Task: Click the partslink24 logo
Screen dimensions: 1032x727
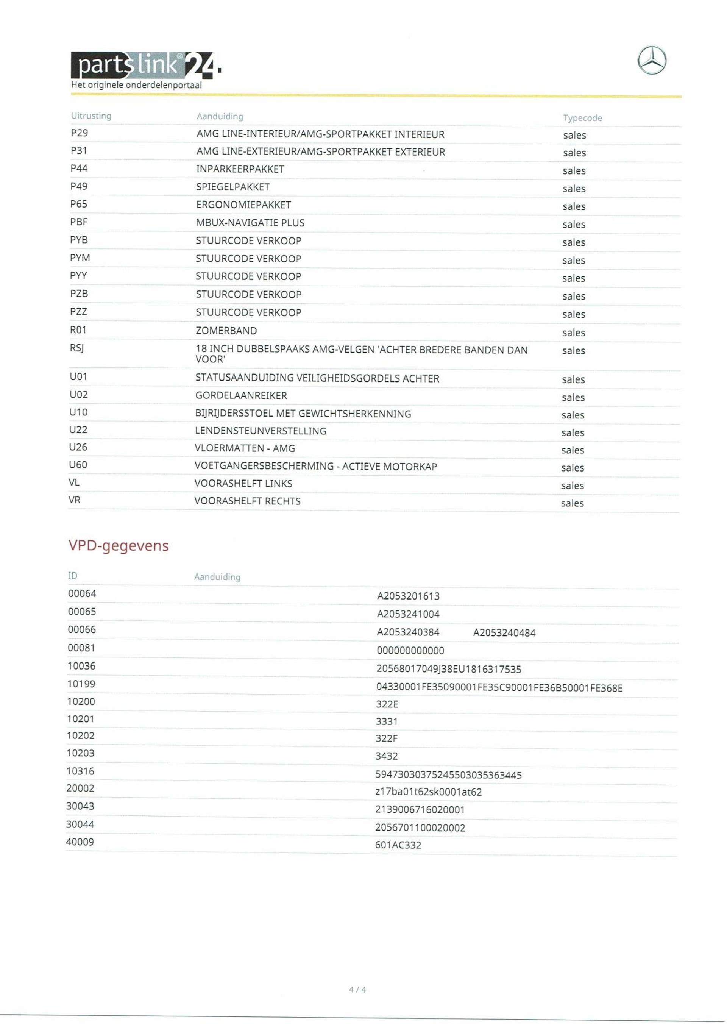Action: click(x=145, y=66)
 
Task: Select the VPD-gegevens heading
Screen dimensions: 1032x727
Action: click(x=118, y=545)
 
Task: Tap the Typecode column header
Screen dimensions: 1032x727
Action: click(x=582, y=118)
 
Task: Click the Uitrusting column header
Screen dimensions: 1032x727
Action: click(x=91, y=116)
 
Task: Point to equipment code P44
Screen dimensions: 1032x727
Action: click(x=79, y=169)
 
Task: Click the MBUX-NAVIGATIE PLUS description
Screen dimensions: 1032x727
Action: click(x=250, y=223)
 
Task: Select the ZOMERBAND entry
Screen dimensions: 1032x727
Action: click(x=226, y=331)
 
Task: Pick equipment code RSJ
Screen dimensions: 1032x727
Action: click(x=77, y=348)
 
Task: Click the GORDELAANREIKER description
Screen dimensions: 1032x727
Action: click(x=241, y=395)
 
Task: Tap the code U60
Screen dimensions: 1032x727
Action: click(x=78, y=465)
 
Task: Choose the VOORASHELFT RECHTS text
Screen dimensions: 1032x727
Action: click(x=247, y=501)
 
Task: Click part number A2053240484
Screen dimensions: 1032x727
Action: click(x=504, y=633)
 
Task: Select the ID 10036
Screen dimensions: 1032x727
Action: click(x=81, y=666)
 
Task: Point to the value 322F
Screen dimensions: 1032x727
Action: click(x=387, y=738)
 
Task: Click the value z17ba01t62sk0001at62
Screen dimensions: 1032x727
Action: click(x=428, y=792)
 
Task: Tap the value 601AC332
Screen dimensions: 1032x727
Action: click(x=398, y=845)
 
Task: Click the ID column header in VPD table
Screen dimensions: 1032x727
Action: click(x=72, y=576)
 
